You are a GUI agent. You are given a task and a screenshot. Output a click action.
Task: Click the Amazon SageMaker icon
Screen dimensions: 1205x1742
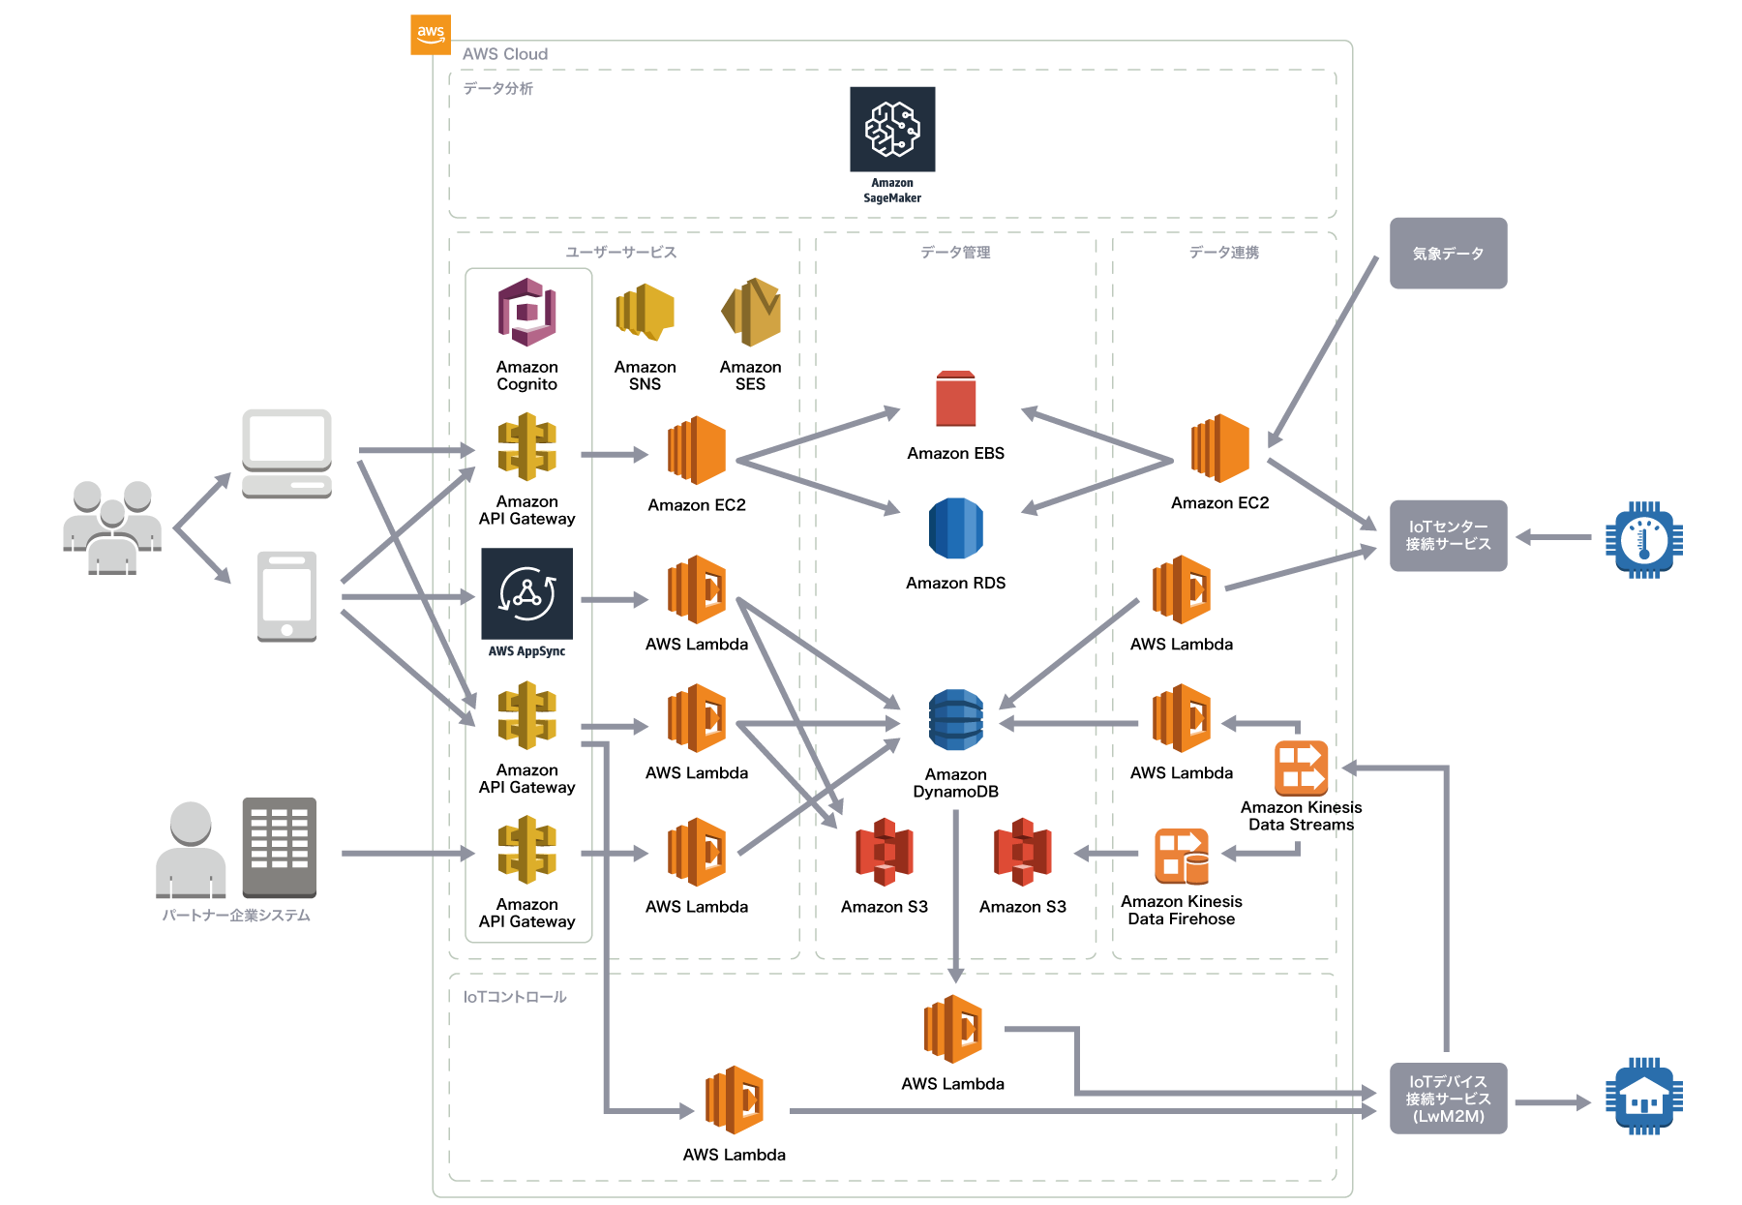pyautogui.click(x=892, y=130)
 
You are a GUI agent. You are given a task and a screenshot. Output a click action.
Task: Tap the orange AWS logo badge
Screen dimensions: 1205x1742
pyautogui.click(x=431, y=34)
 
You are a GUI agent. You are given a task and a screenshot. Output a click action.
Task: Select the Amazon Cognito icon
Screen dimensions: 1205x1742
pyautogui.click(x=527, y=312)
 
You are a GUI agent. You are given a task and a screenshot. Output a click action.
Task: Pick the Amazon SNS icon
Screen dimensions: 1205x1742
pyautogui.click(x=645, y=312)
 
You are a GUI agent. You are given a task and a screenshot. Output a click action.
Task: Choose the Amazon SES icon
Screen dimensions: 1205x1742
pyautogui.click(x=751, y=312)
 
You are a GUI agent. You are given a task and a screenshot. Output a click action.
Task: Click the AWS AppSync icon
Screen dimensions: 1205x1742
pyautogui.click(x=527, y=593)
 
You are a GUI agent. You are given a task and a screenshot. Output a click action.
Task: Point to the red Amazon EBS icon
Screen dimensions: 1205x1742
pyautogui.click(x=956, y=399)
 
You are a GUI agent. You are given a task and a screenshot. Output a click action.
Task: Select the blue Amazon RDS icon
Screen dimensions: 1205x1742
pyautogui.click(x=956, y=528)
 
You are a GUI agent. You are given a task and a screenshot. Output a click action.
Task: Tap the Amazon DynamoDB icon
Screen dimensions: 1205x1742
pyautogui.click(x=956, y=720)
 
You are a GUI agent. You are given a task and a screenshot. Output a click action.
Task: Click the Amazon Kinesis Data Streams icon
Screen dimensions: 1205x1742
pyautogui.click(x=1301, y=768)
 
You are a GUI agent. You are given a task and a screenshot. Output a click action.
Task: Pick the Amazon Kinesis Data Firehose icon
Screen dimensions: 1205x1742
pyautogui.click(x=1182, y=857)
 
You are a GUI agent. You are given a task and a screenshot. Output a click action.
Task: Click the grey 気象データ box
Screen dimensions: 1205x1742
pyautogui.click(x=1448, y=254)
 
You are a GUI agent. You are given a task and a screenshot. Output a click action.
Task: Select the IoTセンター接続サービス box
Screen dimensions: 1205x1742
pyautogui.click(x=1448, y=535)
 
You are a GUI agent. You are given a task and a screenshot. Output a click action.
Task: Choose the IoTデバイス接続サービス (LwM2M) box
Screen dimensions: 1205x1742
pyautogui.click(x=1448, y=1099)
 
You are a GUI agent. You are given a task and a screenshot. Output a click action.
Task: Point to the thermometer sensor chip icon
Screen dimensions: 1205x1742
pyautogui.click(x=1643, y=539)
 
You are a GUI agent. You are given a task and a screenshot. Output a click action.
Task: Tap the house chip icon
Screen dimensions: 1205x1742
pyautogui.click(x=1643, y=1097)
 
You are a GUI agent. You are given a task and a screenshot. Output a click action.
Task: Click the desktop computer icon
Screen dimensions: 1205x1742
pyautogui.click(x=286, y=453)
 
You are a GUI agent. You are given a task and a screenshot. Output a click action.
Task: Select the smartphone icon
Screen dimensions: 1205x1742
pyautogui.click(x=286, y=596)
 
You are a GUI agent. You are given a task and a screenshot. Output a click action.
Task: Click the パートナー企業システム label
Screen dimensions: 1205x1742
pyautogui.click(x=236, y=916)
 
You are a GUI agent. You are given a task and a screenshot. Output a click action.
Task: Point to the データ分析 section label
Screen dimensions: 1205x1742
pyautogui.click(x=498, y=89)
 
